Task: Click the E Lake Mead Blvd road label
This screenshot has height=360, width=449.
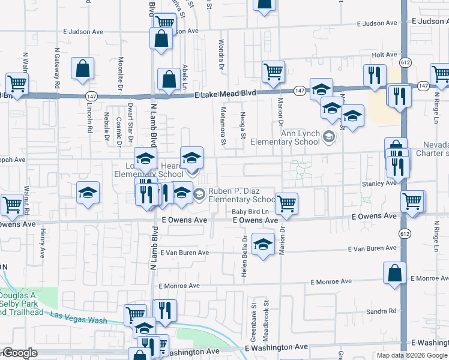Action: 225,94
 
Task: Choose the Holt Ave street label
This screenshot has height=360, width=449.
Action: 385,55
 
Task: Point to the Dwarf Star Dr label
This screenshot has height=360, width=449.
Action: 130,122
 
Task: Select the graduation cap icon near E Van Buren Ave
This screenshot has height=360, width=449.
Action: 262,244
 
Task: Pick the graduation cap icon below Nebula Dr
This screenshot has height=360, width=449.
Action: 88,193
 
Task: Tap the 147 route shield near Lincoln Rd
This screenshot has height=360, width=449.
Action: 91,96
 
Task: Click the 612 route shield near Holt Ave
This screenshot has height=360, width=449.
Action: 406,62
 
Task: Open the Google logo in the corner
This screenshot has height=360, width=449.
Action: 19,353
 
